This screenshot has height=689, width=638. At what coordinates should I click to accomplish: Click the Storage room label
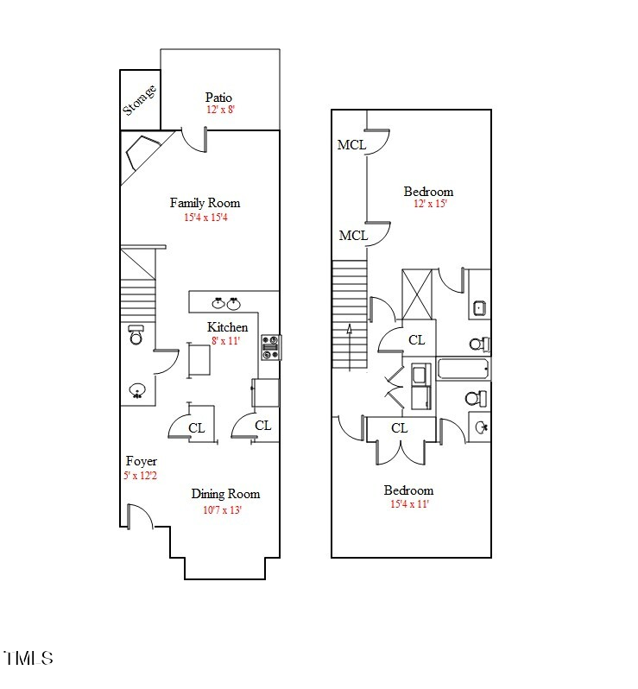140,98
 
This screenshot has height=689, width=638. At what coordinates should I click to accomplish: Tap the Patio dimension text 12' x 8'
219,111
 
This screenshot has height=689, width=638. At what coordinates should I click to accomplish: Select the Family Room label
205,203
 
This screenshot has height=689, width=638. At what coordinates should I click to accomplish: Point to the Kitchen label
227,327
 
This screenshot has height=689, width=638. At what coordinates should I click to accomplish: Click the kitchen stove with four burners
270,346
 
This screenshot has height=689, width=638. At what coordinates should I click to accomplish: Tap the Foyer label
141,461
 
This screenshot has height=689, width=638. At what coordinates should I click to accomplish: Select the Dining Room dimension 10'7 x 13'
222,509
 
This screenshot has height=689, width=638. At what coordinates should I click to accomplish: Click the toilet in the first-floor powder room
136,335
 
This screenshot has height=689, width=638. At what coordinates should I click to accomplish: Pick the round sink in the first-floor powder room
136,392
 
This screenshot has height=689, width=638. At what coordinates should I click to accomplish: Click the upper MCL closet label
351,145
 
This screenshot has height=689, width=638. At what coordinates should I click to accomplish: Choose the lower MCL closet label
353,236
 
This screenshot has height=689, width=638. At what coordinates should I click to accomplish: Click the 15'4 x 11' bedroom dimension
408,504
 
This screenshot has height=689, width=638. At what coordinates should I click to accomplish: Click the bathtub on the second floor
464,369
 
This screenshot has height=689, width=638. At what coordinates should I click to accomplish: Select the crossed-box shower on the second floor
418,295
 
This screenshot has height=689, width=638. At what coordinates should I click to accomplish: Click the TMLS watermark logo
28,658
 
